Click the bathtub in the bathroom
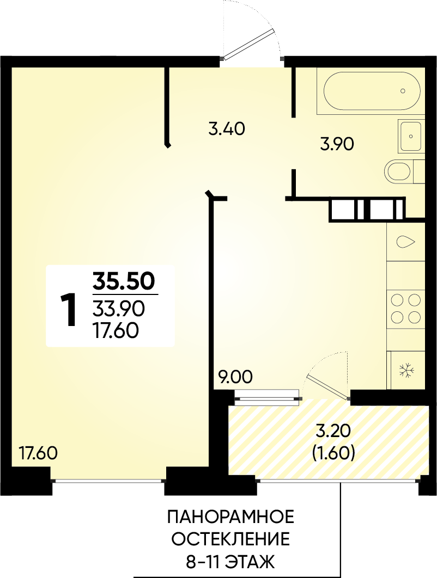pyautogui.click(x=372, y=91)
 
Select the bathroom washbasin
pyautogui.click(x=410, y=136)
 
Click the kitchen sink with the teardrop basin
pyautogui.click(x=406, y=242)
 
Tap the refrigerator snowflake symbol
pyautogui.click(x=406, y=370)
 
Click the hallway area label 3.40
pyautogui.click(x=227, y=130)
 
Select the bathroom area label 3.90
pyautogui.click(x=337, y=144)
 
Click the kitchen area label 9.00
pyautogui.click(x=234, y=377)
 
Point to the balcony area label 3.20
pyautogui.click(x=333, y=432)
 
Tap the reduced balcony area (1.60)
pyautogui.click(x=333, y=453)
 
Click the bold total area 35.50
pyautogui.click(x=123, y=281)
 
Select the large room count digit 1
pyautogui.click(x=68, y=310)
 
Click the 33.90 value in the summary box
pyautogui.click(x=118, y=309)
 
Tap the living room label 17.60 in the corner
pyautogui.click(x=38, y=453)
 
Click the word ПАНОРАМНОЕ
pyautogui.click(x=231, y=517)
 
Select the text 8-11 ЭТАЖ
pyautogui.click(x=230, y=563)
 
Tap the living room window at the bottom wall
pyautogui.click(x=108, y=481)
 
